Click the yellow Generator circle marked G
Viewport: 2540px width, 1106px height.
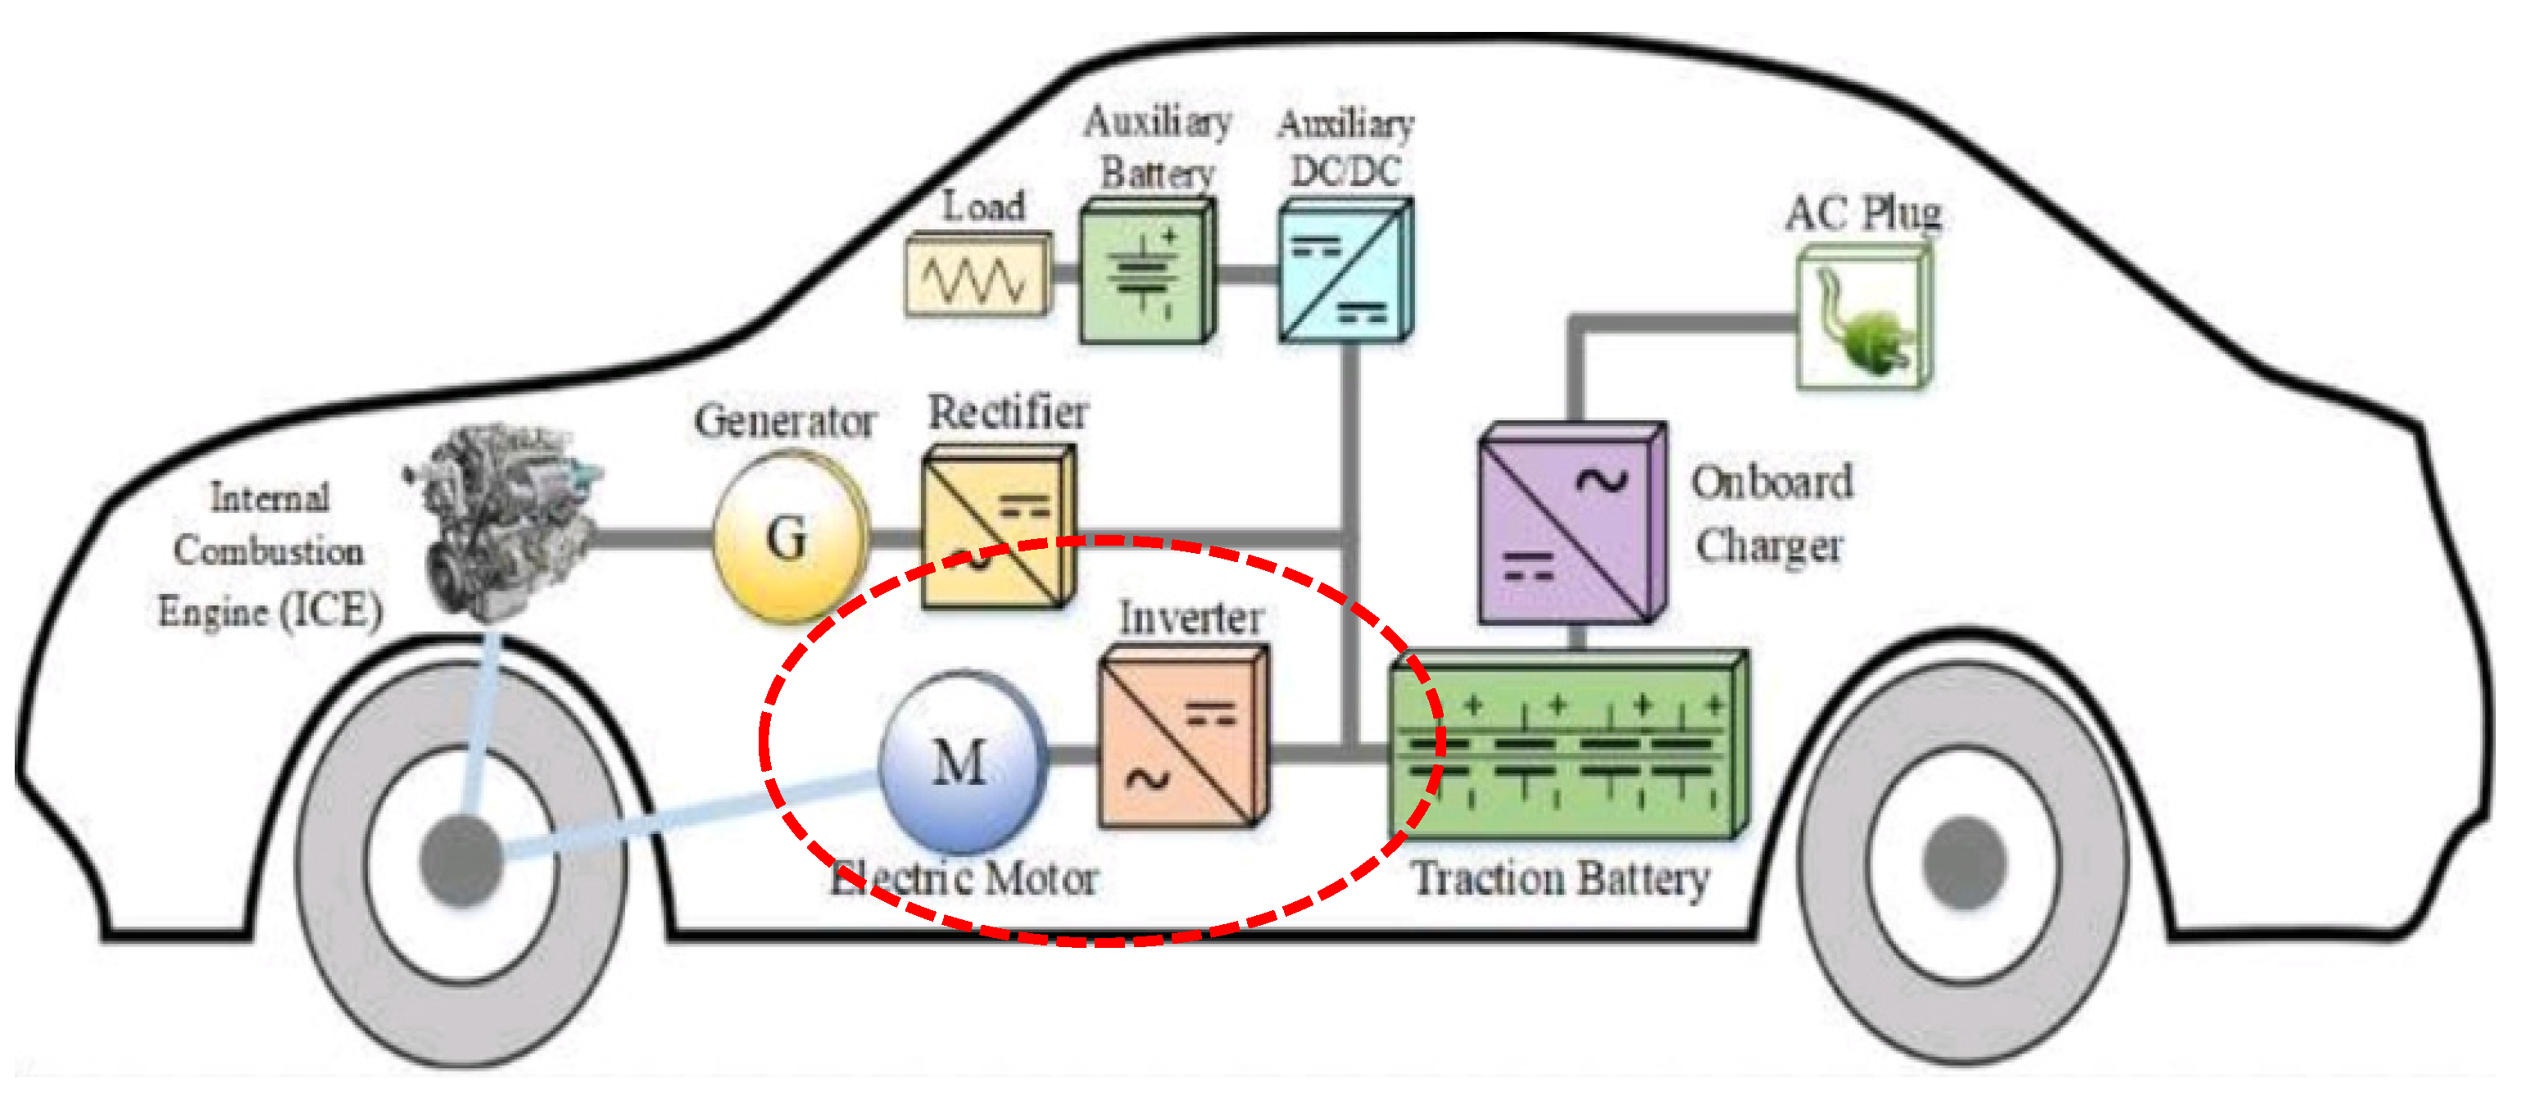pos(789,537)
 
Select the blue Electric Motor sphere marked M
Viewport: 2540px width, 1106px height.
pos(961,762)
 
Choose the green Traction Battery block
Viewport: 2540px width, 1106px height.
pos(1567,749)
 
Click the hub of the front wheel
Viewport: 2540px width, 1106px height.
pos(461,859)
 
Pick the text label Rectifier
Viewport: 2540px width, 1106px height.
pos(1008,412)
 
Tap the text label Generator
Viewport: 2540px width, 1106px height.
pos(785,422)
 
